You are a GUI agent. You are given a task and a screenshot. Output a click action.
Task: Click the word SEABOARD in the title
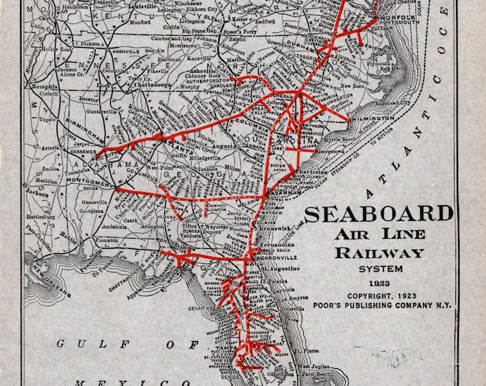[x=379, y=214]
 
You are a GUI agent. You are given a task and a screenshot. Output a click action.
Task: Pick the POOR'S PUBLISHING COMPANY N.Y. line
[x=380, y=303]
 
